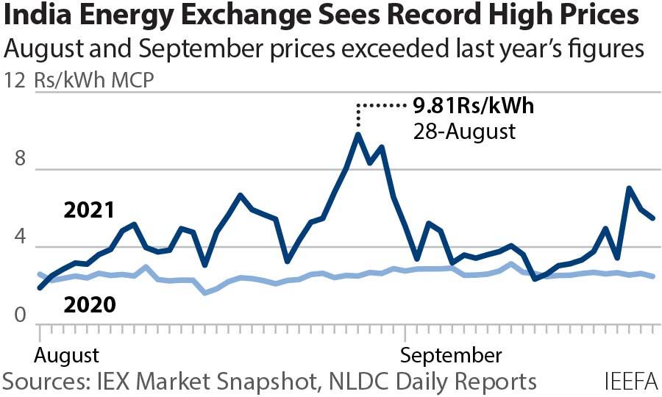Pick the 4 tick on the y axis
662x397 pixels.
[x=19, y=239]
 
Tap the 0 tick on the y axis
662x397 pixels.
[x=19, y=318]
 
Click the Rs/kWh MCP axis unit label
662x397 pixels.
[x=94, y=80]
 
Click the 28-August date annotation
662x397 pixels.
[x=463, y=132]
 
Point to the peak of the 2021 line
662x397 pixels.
[x=358, y=135]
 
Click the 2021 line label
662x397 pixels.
[x=89, y=211]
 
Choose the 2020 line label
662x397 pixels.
[x=89, y=303]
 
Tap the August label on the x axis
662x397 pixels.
[x=67, y=356]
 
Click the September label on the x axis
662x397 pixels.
[x=451, y=356]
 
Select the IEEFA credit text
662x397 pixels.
[x=631, y=382]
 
